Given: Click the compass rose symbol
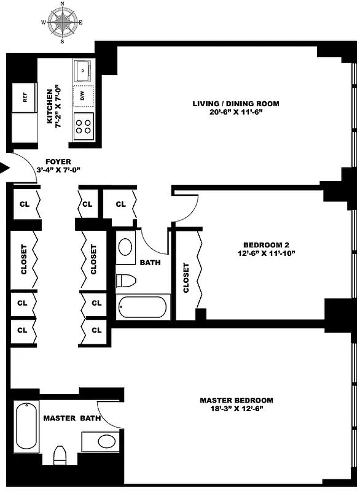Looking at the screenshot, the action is coord(62,22).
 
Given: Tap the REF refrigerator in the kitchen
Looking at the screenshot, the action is coord(25,98).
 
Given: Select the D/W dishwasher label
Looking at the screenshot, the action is coord(82,96).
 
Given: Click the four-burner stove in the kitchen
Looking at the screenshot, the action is coord(84,126).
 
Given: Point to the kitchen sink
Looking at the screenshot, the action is coord(82,71).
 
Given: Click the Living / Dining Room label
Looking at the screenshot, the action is coord(236,104).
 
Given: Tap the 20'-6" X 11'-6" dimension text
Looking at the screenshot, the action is coord(236,112).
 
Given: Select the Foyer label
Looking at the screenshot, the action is coord(58,161).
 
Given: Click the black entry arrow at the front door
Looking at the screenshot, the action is coord(4,168).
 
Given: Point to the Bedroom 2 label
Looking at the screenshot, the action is coord(266,245).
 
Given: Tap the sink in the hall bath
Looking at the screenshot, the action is coord(126,247).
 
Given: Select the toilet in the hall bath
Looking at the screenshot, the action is coord(126,280).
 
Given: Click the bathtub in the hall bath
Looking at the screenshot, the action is coord(143,307).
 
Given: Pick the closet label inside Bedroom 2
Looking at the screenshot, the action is coord(186,278).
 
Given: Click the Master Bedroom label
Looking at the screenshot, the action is coord(237,400).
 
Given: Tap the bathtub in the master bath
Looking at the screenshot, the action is coord(26,427).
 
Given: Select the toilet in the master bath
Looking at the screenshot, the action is coord(60,455).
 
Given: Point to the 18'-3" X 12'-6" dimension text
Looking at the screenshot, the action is coord(237,409).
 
